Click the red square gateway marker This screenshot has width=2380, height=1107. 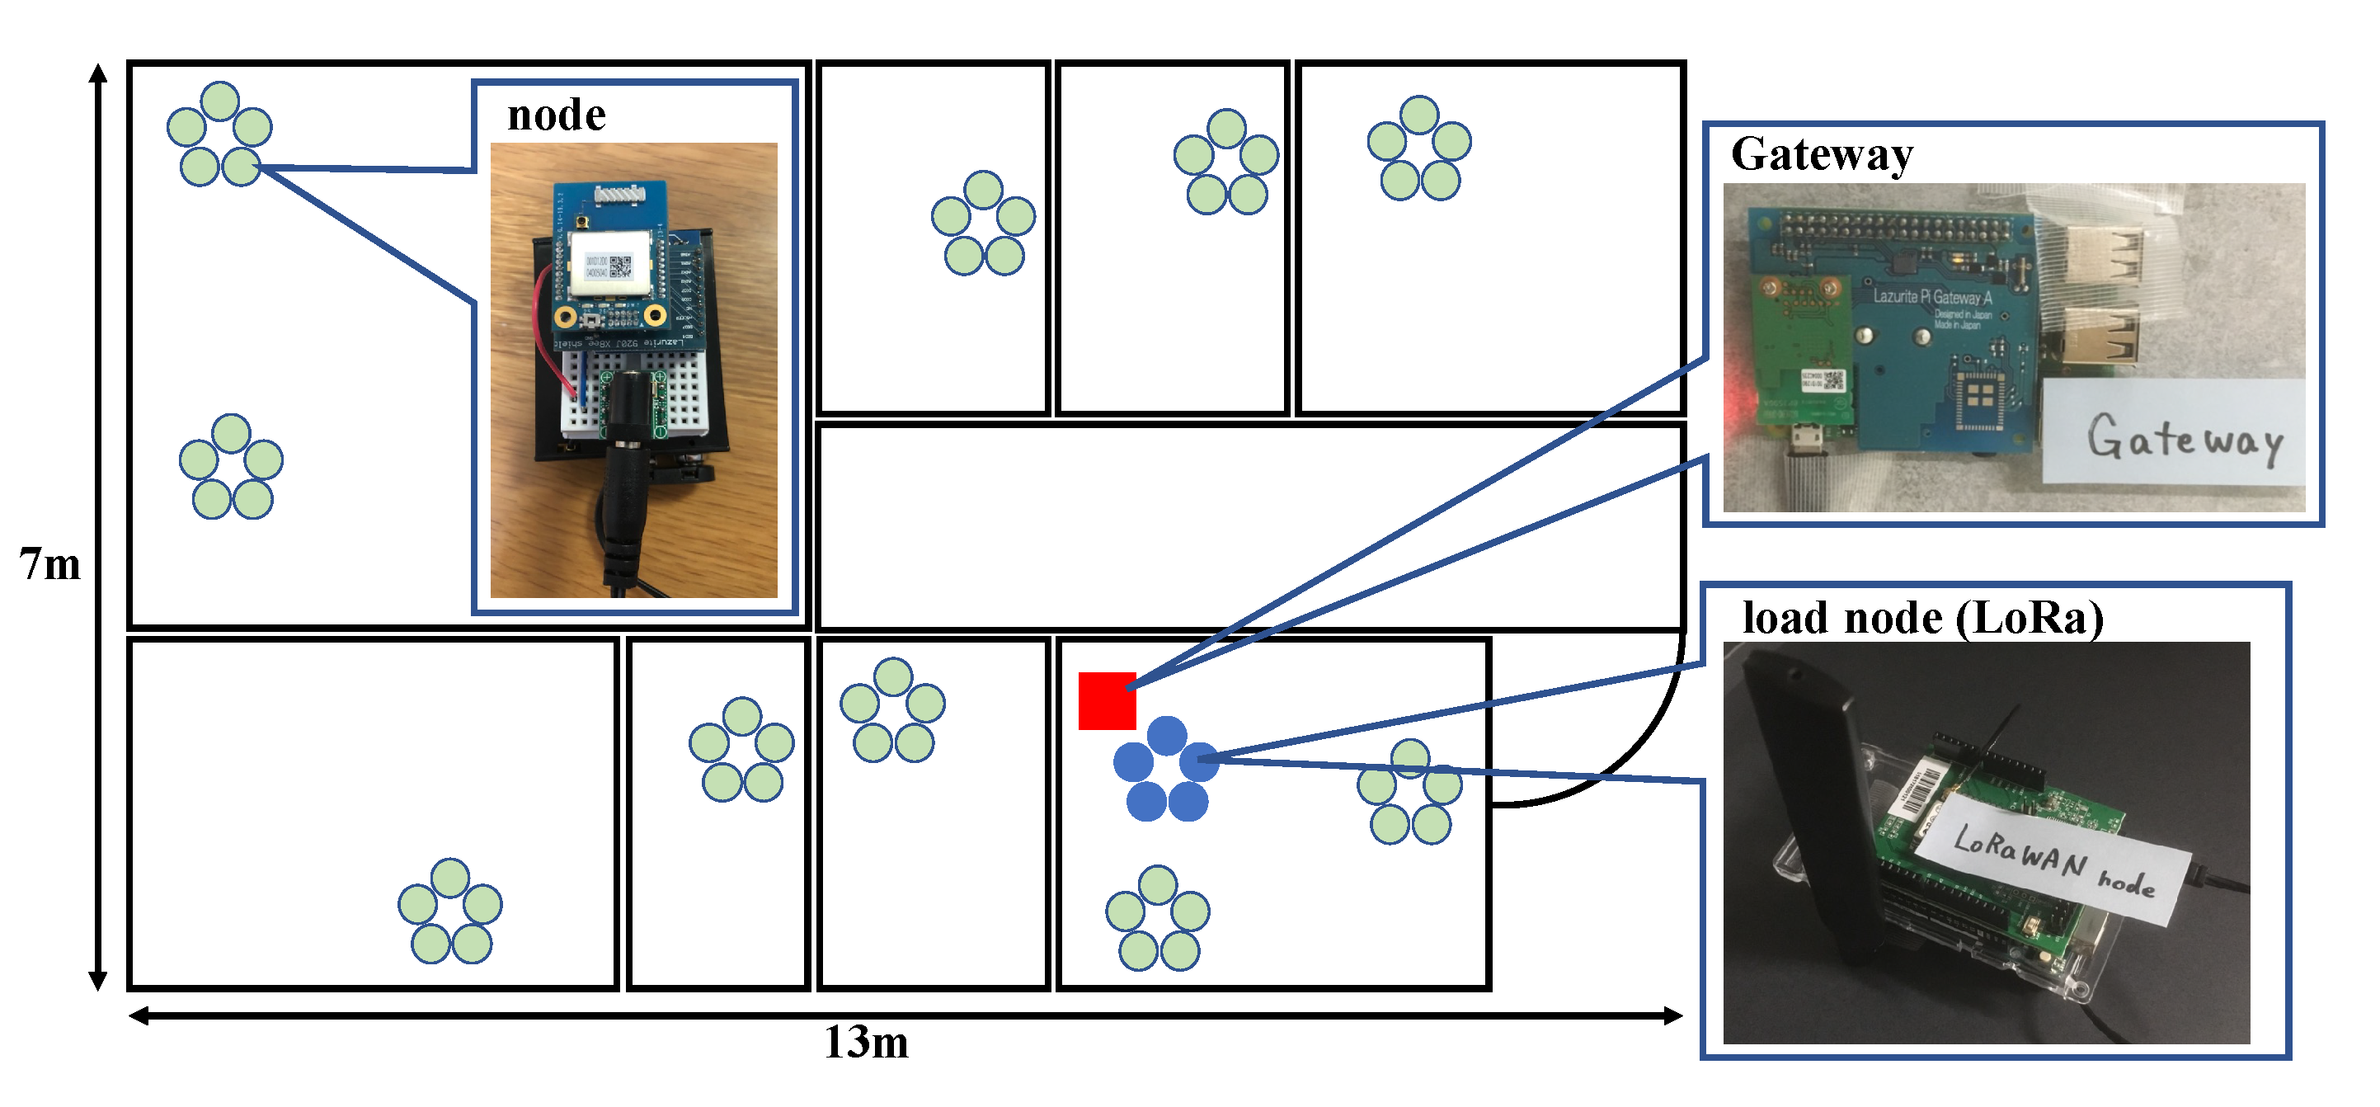click(1107, 700)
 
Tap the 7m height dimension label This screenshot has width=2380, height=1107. click(49, 564)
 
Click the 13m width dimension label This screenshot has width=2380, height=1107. click(866, 1043)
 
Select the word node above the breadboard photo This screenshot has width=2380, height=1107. click(556, 115)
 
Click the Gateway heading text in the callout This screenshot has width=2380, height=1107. click(1821, 154)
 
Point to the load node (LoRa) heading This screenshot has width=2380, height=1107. click(1921, 617)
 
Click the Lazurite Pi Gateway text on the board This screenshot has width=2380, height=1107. click(1932, 298)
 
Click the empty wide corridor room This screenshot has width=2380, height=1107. click(1247, 527)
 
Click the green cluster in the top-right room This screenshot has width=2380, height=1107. click(1419, 148)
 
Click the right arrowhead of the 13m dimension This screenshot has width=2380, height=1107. click(1673, 1015)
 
